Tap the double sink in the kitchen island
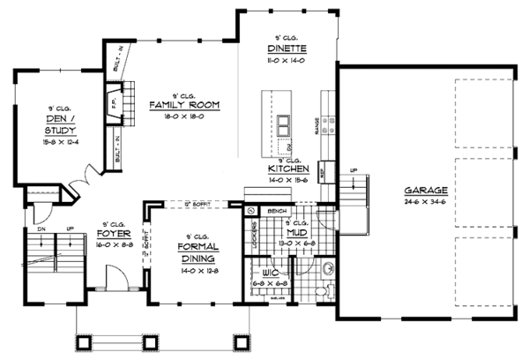pyautogui.click(x=284, y=123)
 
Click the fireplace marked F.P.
pyautogui.click(x=112, y=95)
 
